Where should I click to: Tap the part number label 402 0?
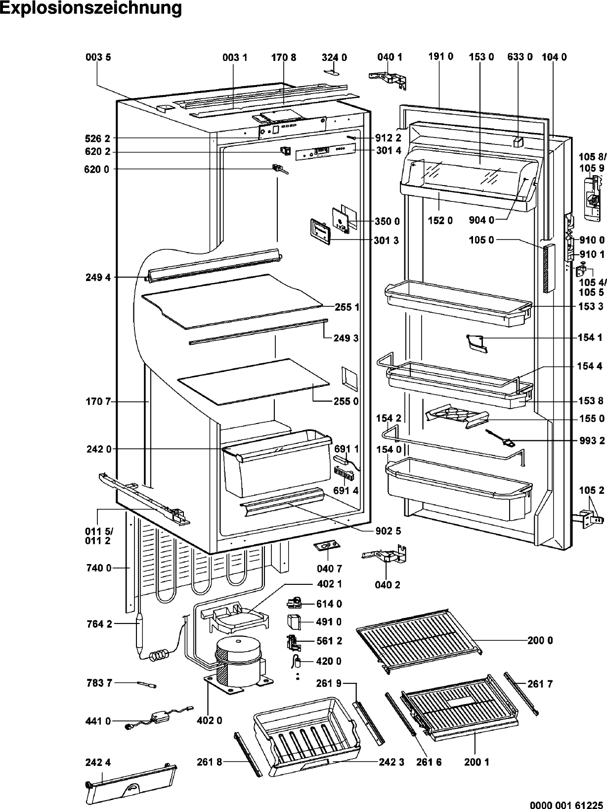(209, 720)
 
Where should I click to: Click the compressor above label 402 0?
(237, 658)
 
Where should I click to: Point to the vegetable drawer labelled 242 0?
(277, 465)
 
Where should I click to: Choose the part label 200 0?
(540, 641)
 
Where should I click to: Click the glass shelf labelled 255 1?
(232, 302)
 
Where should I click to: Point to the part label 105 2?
(592, 490)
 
